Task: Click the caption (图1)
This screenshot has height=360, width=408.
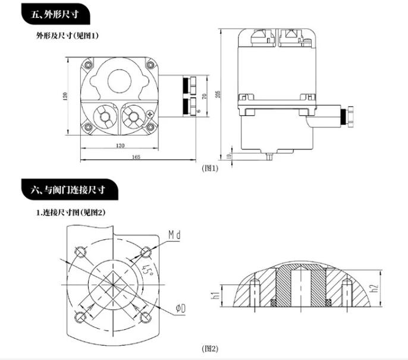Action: [x=211, y=168]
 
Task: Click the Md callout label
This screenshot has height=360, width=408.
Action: [x=174, y=235]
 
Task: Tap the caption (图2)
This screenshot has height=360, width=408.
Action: [x=211, y=349]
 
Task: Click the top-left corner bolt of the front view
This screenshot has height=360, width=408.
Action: [x=89, y=64]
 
